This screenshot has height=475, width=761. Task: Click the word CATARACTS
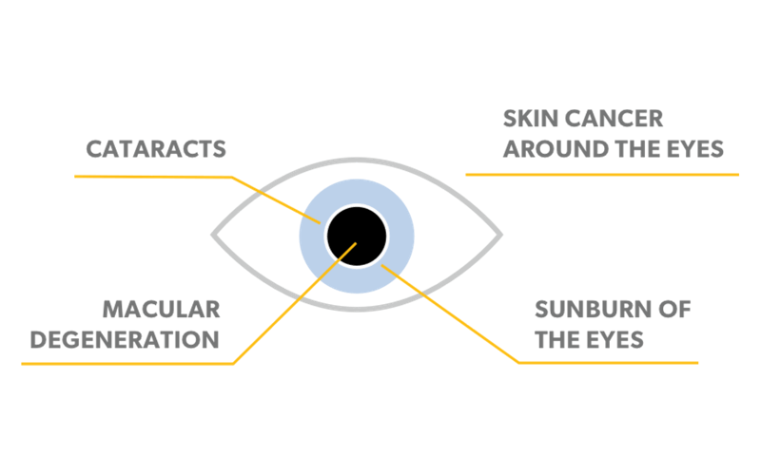click(x=156, y=149)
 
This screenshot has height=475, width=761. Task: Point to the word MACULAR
click(x=162, y=309)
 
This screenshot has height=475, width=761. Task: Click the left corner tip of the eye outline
click(x=212, y=234)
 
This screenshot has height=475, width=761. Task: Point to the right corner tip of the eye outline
click(x=501, y=234)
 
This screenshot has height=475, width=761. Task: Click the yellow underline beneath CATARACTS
click(x=152, y=176)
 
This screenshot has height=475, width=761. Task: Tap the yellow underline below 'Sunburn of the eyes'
click(x=609, y=362)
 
